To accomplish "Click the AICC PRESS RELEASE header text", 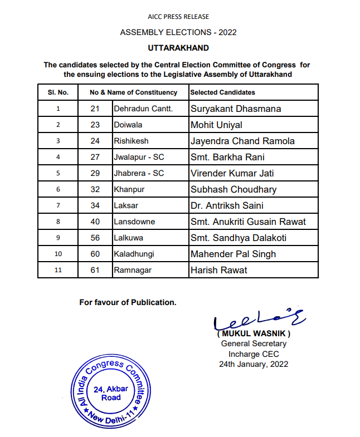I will tap(178, 18).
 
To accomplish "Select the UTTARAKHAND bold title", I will tap(178, 48).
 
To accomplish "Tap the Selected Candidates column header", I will tap(222, 92).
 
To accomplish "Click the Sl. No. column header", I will tap(58, 92).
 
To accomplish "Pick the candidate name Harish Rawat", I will tap(219, 270).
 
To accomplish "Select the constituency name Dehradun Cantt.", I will tap(143, 109).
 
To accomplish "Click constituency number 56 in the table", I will tap(95, 238).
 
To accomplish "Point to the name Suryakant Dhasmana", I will tap(236, 109).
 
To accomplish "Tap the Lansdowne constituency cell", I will tap(134, 222).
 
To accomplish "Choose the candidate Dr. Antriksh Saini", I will tap(227, 205).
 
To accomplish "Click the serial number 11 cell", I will tap(58, 270).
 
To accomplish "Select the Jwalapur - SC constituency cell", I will tap(139, 157).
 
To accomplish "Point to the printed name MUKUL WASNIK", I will tap(254, 333).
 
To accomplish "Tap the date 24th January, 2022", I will tap(254, 364).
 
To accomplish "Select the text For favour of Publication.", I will tap(128, 302).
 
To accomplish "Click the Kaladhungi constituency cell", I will tap(134, 254).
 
